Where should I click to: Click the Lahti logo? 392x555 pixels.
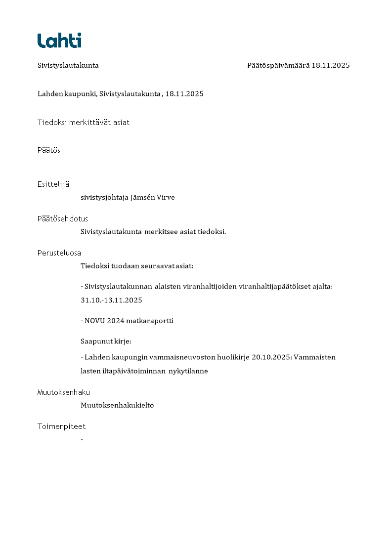[x=59, y=40]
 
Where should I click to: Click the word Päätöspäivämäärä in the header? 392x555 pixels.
[x=278, y=65]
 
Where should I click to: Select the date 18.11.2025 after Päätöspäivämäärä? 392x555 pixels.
[x=331, y=65]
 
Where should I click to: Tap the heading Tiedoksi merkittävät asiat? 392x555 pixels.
[x=84, y=123]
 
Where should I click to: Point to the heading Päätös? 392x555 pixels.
[x=49, y=150]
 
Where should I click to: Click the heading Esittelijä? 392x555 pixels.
[x=53, y=184]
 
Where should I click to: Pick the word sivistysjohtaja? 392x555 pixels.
[x=104, y=198]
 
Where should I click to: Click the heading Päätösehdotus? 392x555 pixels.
[x=63, y=218]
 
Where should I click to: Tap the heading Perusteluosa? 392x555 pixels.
[x=59, y=253]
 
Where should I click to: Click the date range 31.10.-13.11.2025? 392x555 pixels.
[x=111, y=300]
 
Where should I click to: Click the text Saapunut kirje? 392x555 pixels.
[x=106, y=341]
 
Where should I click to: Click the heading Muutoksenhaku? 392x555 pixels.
[x=64, y=392]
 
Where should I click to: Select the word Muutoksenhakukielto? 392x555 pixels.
[x=117, y=405]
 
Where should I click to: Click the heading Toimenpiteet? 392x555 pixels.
[x=61, y=427]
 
